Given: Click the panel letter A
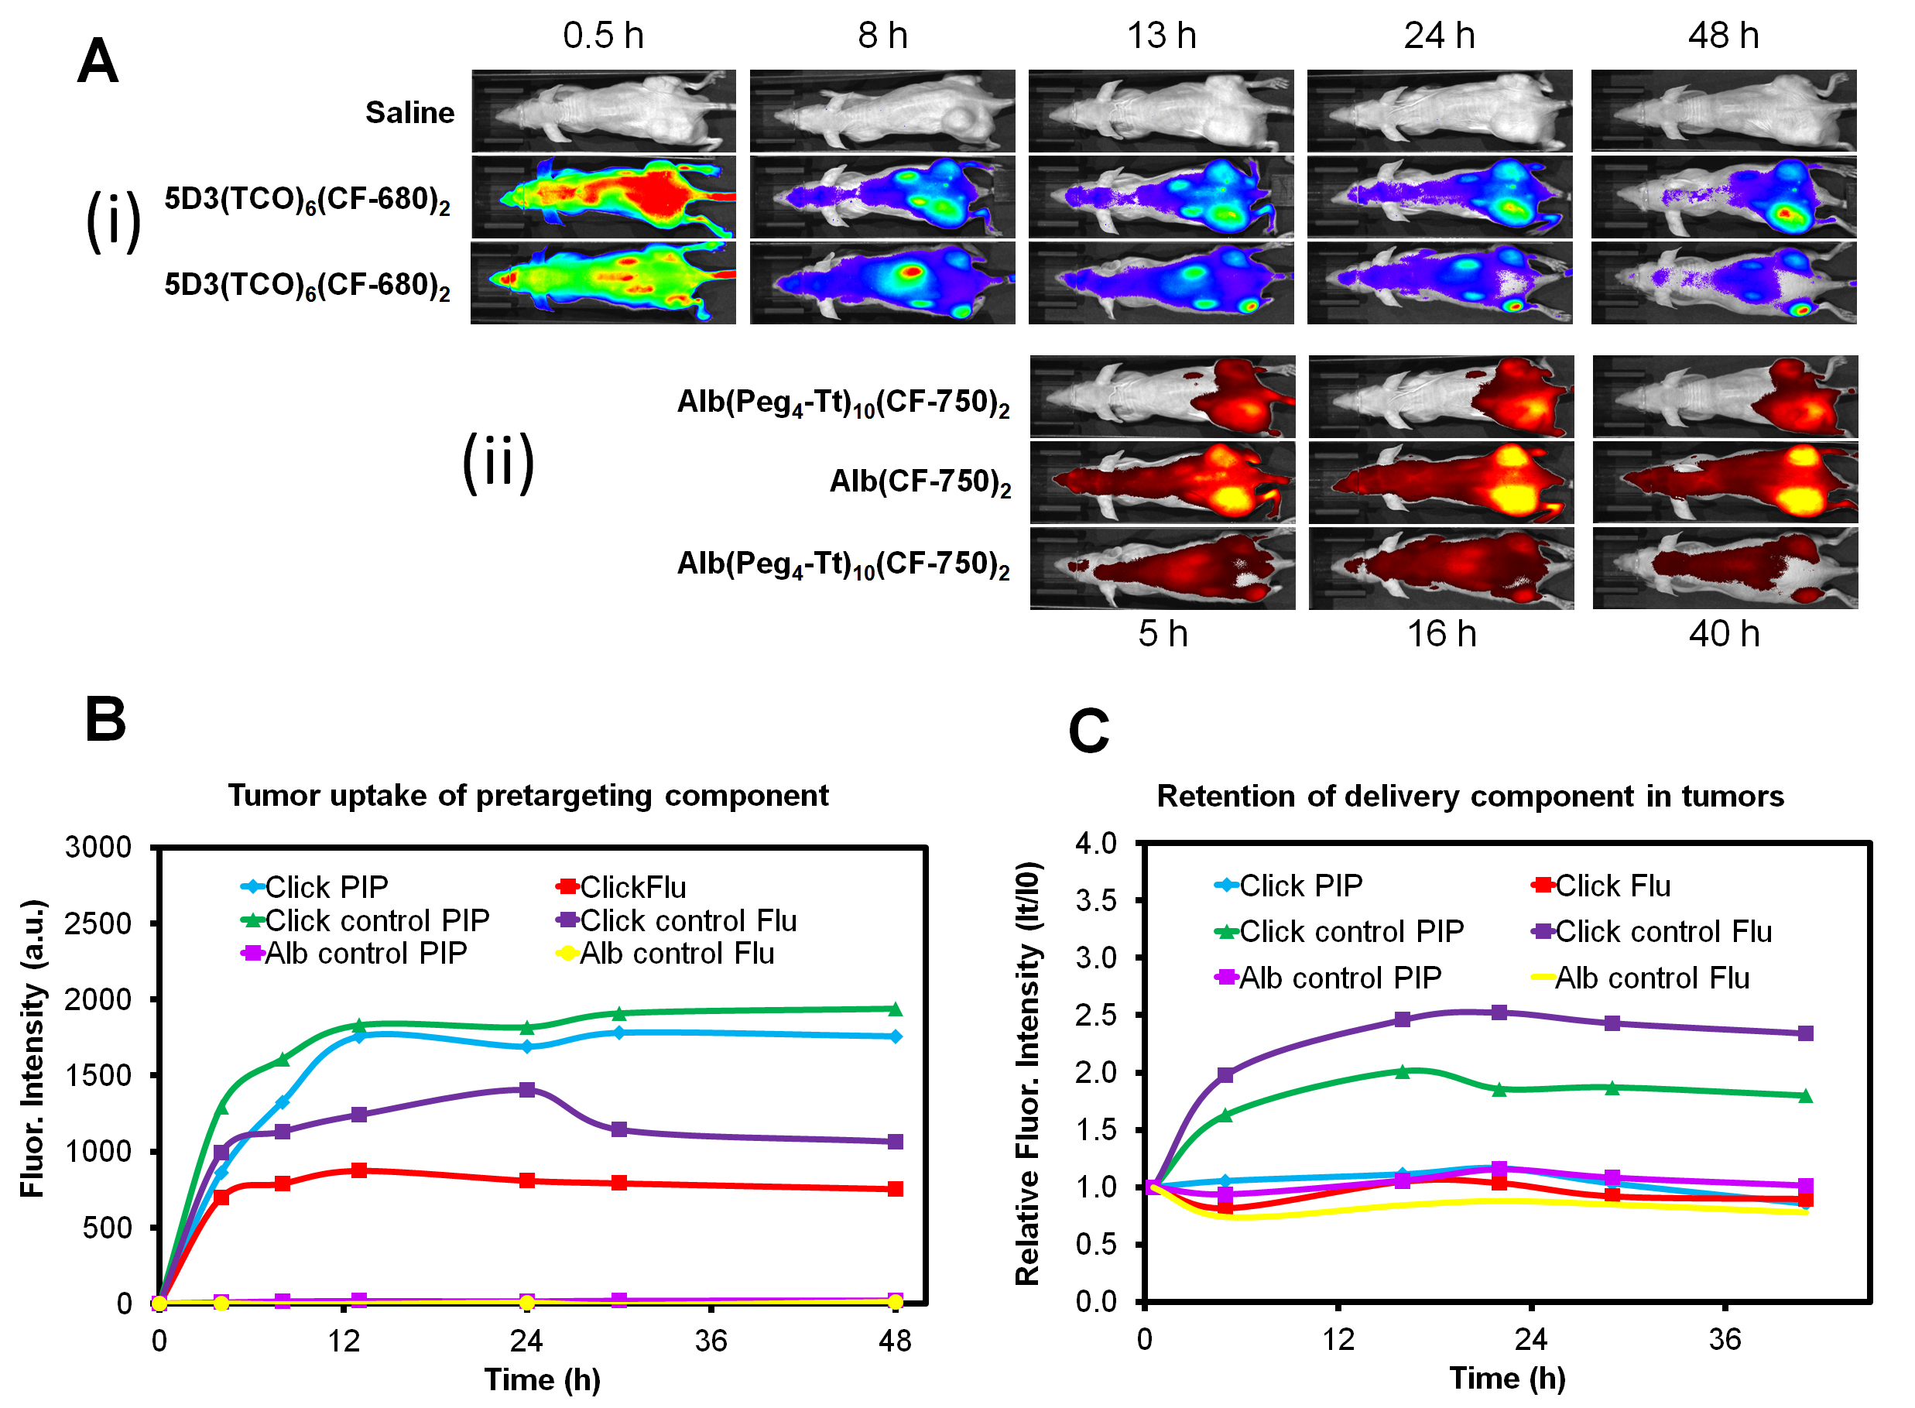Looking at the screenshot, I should (98, 61).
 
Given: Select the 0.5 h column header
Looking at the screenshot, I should (602, 36).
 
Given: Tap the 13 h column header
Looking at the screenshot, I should (1161, 36).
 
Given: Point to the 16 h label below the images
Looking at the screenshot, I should (1441, 633).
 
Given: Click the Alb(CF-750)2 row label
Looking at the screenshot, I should (920, 482).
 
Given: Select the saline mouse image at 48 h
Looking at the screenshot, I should (1722, 111).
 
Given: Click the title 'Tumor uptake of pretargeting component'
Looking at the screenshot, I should (528, 795).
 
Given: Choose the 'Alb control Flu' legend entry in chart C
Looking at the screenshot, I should (1650, 978).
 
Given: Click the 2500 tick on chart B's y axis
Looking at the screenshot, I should (98, 923).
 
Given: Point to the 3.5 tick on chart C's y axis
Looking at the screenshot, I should (1095, 901).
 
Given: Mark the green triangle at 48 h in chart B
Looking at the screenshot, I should (895, 1009).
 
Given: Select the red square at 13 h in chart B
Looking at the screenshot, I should (359, 1170).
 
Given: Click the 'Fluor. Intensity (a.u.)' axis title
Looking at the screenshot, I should (32, 1048).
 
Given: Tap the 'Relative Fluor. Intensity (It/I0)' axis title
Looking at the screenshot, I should (1027, 1074).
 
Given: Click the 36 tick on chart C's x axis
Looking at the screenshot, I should (1724, 1341).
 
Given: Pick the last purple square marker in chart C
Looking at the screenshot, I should (1804, 1033).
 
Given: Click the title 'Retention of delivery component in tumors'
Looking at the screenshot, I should (1469, 796).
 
